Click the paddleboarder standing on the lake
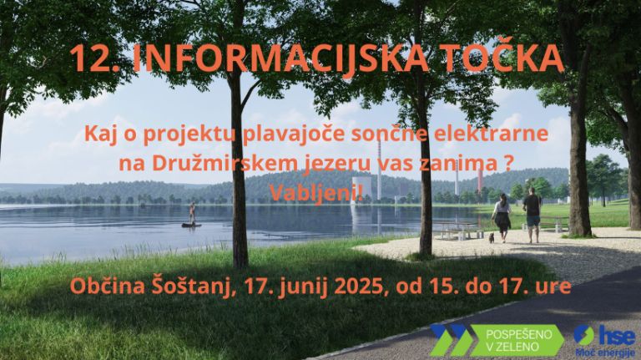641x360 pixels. tap(191, 214)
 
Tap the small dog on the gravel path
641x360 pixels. tap(492, 237)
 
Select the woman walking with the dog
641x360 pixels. tap(502, 215)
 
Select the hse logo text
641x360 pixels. tap(617, 335)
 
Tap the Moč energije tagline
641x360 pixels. tap(604, 352)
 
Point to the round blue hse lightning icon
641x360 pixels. tap(583, 336)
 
